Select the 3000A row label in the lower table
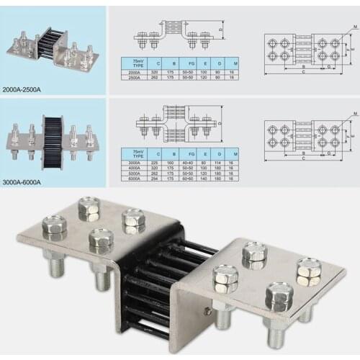click(x=134, y=163)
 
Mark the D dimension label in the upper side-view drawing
click(x=222, y=30)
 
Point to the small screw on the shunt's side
click(x=208, y=310)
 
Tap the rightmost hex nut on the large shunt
click(x=309, y=272)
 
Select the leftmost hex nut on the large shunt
click(x=54, y=228)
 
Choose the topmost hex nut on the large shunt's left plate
click(x=88, y=209)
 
